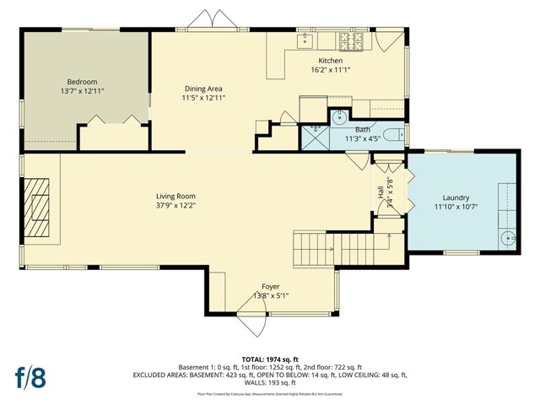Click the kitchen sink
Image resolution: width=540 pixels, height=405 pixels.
tap(305, 40)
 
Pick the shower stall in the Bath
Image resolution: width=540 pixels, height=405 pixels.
tap(315, 136)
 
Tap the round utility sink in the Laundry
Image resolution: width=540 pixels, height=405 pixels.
tap(509, 238)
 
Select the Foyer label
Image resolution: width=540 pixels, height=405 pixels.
tap(271, 287)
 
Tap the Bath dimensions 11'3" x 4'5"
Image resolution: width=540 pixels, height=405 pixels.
tap(364, 138)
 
